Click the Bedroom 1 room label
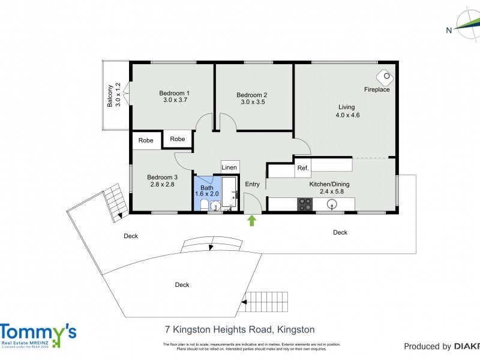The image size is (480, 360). pos(175,93)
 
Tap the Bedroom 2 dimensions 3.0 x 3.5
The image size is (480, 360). pos(252,103)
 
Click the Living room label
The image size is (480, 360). pos(347,107)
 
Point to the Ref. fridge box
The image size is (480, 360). pos(303,169)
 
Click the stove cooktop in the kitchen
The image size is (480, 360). pos(305,205)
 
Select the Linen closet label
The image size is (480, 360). pos(230,167)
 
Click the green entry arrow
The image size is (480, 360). pos(252,220)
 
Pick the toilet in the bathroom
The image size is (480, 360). pos(204,205)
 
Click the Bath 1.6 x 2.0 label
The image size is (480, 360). pos(207,191)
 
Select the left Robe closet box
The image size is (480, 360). pos(146,140)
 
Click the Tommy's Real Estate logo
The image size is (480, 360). pos(38,335)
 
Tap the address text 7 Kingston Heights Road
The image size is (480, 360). pos(239,329)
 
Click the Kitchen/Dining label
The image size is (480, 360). pos(329,184)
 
